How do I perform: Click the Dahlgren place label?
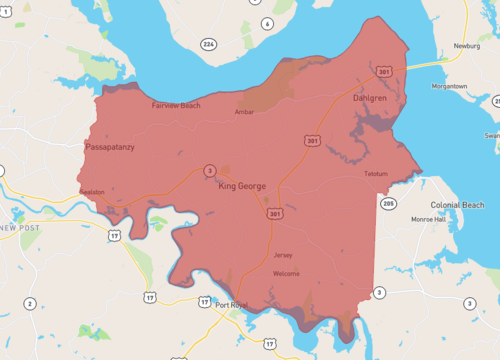tap(369, 99)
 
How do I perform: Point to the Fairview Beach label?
tap(175, 105)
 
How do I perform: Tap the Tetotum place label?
tap(375, 174)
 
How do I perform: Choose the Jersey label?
tap(283, 255)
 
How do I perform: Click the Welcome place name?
tap(285, 273)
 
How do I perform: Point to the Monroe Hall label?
tap(429, 218)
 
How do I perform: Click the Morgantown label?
tap(448, 86)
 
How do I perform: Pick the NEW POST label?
tap(20, 228)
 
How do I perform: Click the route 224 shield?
tap(208, 44)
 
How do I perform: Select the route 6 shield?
tap(267, 23)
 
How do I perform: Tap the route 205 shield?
tap(388, 203)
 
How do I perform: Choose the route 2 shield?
tap(29, 303)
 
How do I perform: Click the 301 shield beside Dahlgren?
tap(385, 71)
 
